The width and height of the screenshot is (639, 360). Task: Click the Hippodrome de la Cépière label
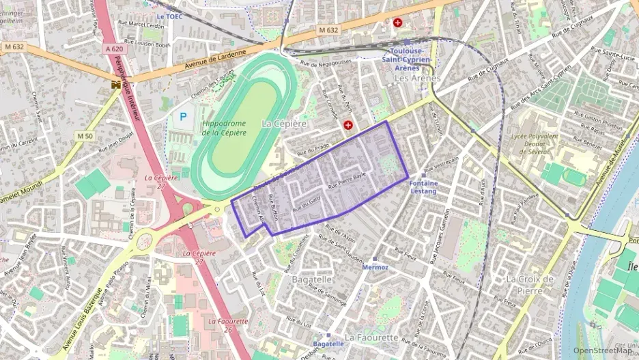224,128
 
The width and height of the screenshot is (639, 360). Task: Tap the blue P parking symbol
183,117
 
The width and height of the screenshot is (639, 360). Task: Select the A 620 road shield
114,49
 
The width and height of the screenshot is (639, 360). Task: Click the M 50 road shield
85,136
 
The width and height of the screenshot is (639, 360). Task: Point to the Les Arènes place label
418,79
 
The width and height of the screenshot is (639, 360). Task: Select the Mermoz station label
375,267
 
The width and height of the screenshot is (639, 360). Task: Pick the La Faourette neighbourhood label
371,337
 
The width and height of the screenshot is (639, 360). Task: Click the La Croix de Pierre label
529,285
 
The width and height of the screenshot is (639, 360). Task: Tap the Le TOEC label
170,16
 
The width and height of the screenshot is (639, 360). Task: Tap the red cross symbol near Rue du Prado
348,126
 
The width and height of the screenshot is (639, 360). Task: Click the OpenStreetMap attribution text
603,350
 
